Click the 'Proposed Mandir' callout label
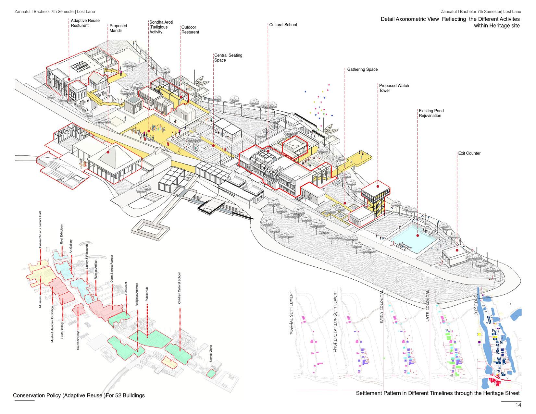pos(118,28)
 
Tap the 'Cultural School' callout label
pos(283,25)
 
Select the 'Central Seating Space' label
pos(228,58)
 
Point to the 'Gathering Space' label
pos(362,69)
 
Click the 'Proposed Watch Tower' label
pos(394,88)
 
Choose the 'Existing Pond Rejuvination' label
pos(431,113)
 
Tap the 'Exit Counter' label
pos(469,153)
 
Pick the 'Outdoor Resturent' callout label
pos(190,30)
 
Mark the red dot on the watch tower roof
pos(378,187)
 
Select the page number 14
pos(518,405)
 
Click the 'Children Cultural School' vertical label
pos(179,288)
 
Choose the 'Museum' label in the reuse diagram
pos(40,302)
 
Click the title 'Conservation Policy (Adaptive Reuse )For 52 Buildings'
pos(79,396)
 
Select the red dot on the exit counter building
pos(457,250)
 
